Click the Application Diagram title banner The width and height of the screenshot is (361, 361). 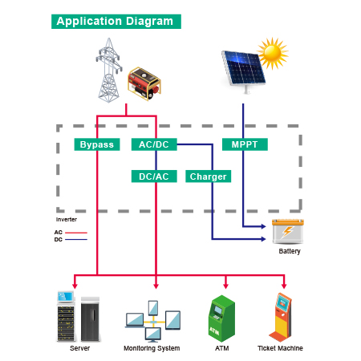(x=116, y=22)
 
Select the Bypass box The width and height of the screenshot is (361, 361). (x=97, y=144)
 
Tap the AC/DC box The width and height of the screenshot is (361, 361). (x=154, y=144)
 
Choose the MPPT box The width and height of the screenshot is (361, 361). (x=245, y=144)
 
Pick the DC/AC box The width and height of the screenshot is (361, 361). (x=154, y=176)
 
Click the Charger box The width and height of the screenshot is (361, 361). (x=209, y=176)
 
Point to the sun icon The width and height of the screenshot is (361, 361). (x=273, y=54)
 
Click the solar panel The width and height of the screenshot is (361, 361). (x=243, y=70)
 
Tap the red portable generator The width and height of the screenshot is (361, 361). (x=144, y=84)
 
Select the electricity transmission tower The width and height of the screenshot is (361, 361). (x=109, y=70)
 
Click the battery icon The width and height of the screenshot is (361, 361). (x=288, y=232)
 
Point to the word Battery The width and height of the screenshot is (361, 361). (x=290, y=251)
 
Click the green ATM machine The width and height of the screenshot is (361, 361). (x=221, y=318)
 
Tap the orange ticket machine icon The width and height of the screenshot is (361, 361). (x=280, y=317)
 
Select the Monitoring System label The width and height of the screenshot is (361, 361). (x=152, y=348)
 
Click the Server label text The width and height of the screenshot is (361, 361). (x=79, y=348)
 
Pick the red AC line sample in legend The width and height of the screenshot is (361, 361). (x=76, y=233)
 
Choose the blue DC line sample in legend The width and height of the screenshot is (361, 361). (x=76, y=240)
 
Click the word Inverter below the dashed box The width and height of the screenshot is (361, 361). (x=67, y=220)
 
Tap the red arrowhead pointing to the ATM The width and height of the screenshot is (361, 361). (x=226, y=286)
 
